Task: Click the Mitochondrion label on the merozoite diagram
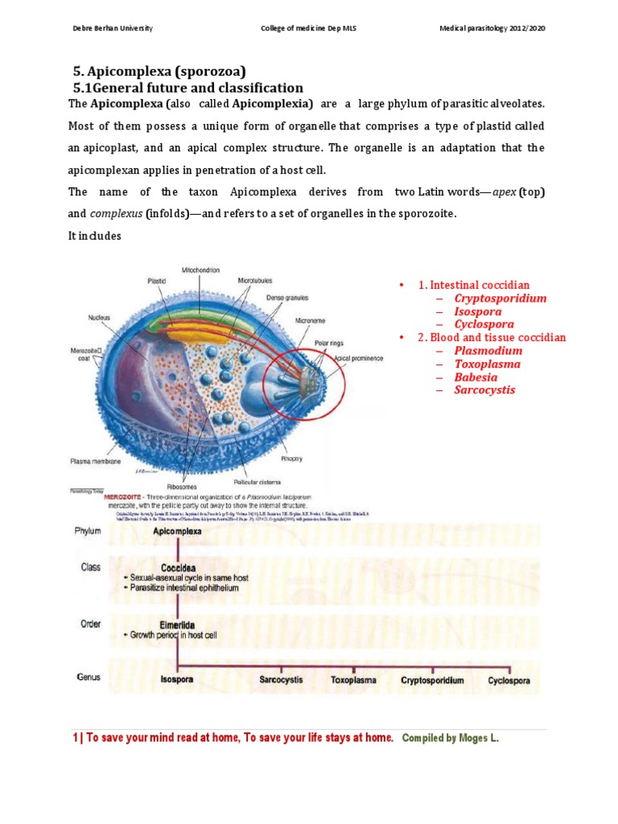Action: click(x=201, y=270)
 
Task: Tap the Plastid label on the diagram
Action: click(x=156, y=282)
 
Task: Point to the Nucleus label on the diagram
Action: click(x=99, y=318)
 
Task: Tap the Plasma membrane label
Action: click(x=95, y=462)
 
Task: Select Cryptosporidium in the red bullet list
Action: click(x=500, y=299)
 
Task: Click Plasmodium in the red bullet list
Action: click(x=488, y=351)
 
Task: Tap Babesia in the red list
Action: click(x=476, y=377)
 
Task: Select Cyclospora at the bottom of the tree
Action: click(x=509, y=680)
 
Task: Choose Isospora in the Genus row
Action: click(x=177, y=680)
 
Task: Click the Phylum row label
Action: click(x=88, y=532)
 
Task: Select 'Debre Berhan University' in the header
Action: click(x=113, y=29)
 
